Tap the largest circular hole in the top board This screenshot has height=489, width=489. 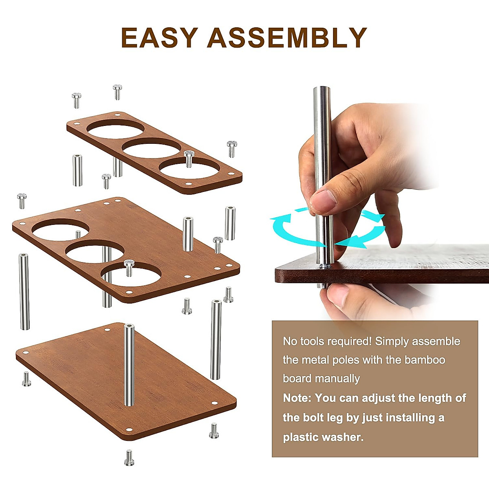(115, 129)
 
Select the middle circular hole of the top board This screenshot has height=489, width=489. (152, 148)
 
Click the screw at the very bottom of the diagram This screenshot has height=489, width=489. (129, 457)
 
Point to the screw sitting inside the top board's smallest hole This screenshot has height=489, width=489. (188, 158)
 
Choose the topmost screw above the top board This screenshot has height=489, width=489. (117, 92)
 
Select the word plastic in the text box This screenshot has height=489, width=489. (301, 437)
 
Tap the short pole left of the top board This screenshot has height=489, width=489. (77, 170)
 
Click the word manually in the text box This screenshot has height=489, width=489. (338, 379)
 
